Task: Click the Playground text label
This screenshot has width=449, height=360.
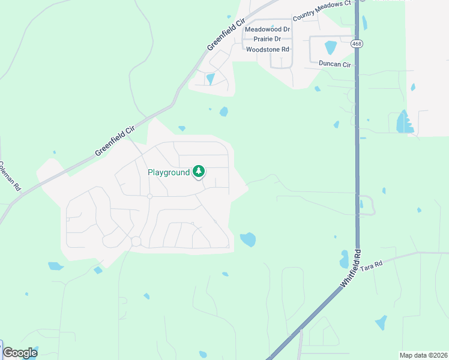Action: coord(168,172)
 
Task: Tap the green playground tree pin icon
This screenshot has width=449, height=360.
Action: coord(199,172)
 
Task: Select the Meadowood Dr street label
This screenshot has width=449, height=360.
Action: coord(268,29)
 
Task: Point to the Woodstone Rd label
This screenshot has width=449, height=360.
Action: coord(268,49)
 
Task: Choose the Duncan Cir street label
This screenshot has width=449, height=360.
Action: coord(334,63)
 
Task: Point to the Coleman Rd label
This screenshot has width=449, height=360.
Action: coord(10,176)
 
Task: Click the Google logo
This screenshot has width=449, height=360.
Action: coord(20,353)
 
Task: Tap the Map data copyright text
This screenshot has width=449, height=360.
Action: coord(423,355)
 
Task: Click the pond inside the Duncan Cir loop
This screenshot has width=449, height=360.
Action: coord(330,47)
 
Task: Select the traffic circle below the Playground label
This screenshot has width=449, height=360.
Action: coord(149,196)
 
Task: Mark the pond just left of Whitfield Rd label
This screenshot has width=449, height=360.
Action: coord(344,259)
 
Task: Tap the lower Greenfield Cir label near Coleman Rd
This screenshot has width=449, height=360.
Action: coord(115,141)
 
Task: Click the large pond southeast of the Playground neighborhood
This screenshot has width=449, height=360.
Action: coord(248,239)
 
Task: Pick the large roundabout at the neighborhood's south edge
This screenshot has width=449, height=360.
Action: coord(136,241)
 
